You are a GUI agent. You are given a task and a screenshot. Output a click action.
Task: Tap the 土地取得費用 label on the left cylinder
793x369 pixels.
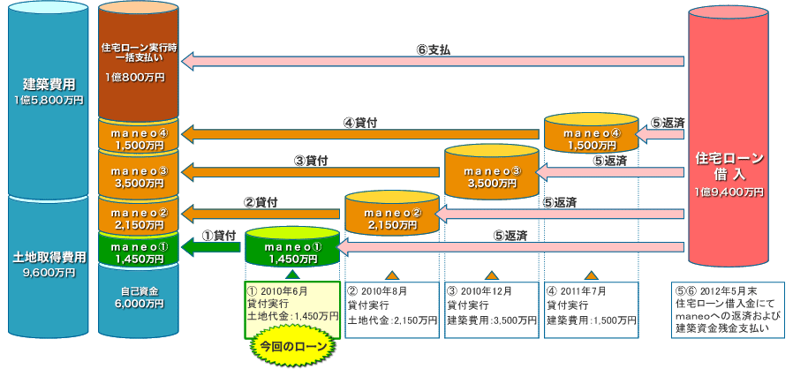[49, 257]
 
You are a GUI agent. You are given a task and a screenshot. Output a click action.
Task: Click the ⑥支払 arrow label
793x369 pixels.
[433, 49]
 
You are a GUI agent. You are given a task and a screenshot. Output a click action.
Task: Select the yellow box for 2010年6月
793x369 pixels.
[291, 303]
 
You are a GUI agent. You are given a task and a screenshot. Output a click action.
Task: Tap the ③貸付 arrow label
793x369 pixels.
[311, 162]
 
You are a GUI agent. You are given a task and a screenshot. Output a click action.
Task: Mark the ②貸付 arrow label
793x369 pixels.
[261, 202]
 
